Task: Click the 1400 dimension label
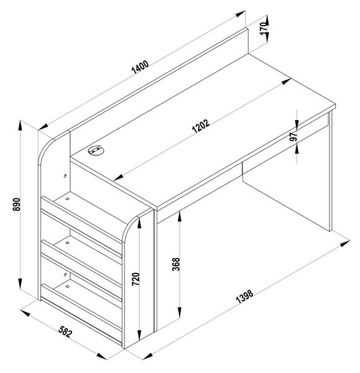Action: pyautogui.click(x=140, y=67)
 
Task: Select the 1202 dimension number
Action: pyautogui.click(x=201, y=126)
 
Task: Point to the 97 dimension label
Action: pyautogui.click(x=293, y=136)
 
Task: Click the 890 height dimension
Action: pyautogui.click(x=17, y=204)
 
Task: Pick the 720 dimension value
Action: pyautogui.click(x=136, y=279)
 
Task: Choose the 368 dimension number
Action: pyautogui.click(x=176, y=264)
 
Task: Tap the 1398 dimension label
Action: pyautogui.click(x=244, y=297)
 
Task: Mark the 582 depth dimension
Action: pyautogui.click(x=65, y=331)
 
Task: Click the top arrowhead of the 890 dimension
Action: pyautogui.click(x=21, y=125)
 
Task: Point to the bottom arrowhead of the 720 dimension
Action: pyautogui.click(x=139, y=335)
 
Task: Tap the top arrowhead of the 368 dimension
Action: pyautogui.click(x=180, y=216)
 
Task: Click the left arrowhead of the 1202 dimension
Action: pyautogui.click(x=118, y=177)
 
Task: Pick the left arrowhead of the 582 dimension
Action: pyautogui.click(x=25, y=313)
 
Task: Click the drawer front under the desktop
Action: pyautogui.click(x=285, y=150)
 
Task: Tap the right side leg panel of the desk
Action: pyautogui.click(x=330, y=172)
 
